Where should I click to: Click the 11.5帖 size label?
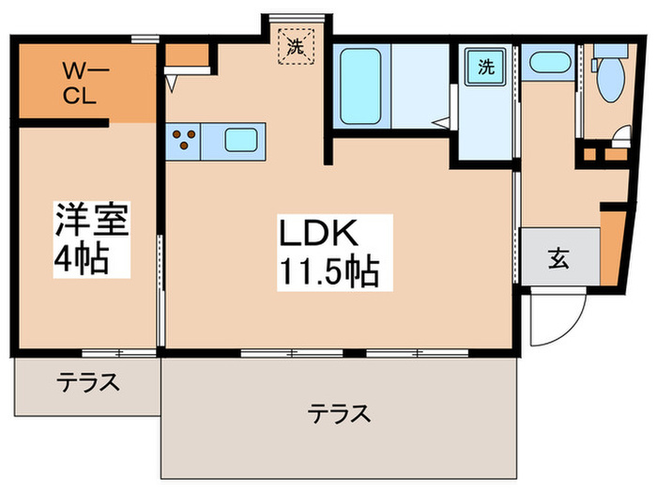tap(328, 272)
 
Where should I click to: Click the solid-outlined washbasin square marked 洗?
tap(485, 67)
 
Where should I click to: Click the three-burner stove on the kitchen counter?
tap(184, 141)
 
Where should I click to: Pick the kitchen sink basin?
tap(239, 142)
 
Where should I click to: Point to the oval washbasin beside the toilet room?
tap(546, 63)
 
